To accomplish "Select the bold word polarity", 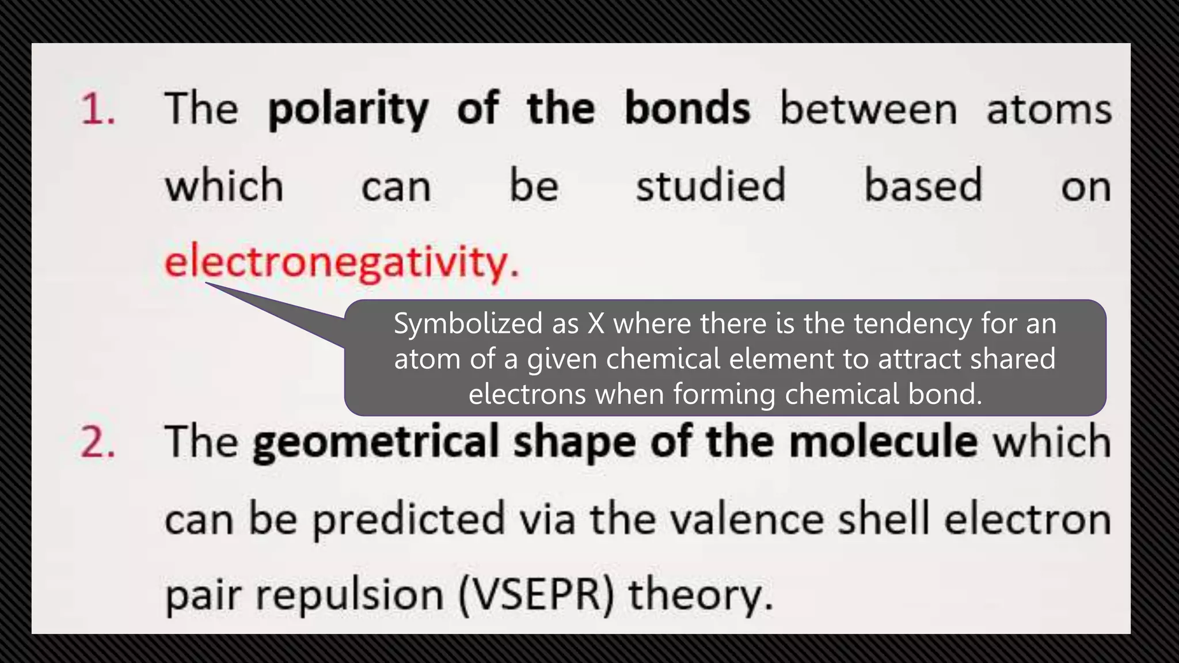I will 348,109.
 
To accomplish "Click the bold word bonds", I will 687,108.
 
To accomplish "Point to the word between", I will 868,109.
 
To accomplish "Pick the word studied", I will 710,185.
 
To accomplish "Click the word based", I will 923,185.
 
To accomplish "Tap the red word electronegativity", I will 341,262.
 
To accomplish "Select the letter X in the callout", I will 596,323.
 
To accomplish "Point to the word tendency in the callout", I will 912,323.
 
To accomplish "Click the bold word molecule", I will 883,442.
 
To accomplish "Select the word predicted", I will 408,519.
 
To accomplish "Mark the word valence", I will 746,519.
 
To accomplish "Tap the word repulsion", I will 349,595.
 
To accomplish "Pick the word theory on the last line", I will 699,595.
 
